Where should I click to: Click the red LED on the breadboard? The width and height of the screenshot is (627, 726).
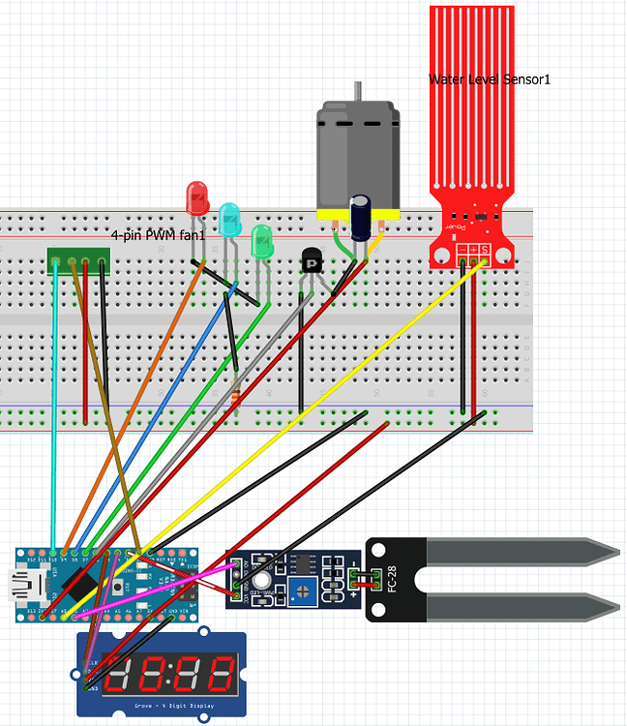(196, 197)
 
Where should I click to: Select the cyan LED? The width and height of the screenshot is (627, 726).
(228, 220)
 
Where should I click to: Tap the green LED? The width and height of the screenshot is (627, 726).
(261, 241)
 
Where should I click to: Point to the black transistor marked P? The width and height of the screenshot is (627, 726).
(312, 260)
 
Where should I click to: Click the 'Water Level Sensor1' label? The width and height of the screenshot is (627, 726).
(489, 78)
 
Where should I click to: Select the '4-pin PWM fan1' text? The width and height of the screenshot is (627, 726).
(159, 235)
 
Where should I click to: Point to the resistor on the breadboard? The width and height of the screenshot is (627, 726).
(235, 398)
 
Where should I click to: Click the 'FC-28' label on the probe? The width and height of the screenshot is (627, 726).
(389, 579)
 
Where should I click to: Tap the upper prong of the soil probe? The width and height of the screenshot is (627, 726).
(522, 553)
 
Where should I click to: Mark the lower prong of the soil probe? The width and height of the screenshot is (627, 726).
(522, 607)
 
